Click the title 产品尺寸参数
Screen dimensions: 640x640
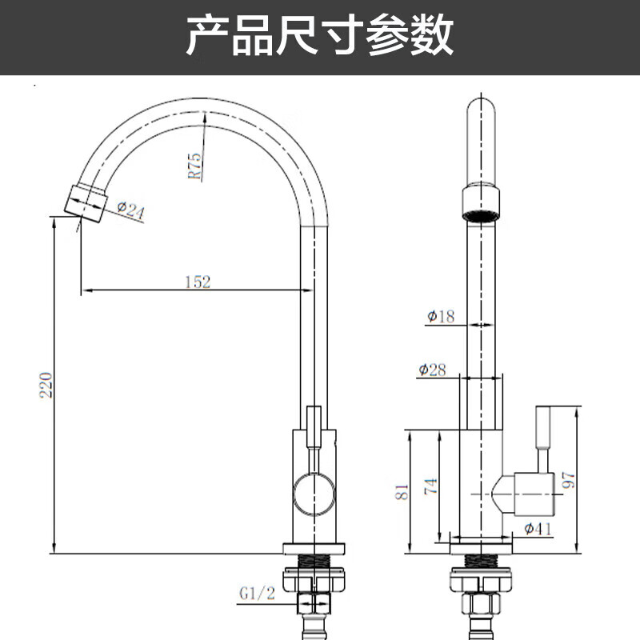click(x=320, y=36)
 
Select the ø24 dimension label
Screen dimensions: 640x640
click(x=130, y=211)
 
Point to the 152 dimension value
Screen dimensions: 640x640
click(x=197, y=282)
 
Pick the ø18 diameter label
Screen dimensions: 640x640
click(x=441, y=317)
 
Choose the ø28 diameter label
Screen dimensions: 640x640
click(x=432, y=370)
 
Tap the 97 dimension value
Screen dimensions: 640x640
click(x=569, y=479)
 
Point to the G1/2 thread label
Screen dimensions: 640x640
click(x=256, y=594)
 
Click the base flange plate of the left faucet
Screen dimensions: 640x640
click(x=314, y=549)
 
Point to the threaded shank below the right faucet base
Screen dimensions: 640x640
click(x=480, y=560)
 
